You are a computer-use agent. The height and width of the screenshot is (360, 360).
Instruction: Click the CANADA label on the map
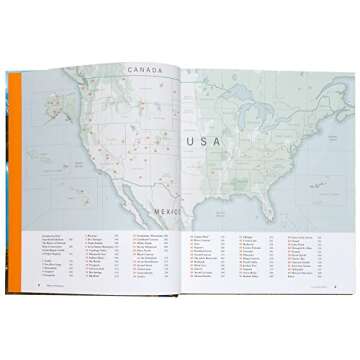click(147, 69)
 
